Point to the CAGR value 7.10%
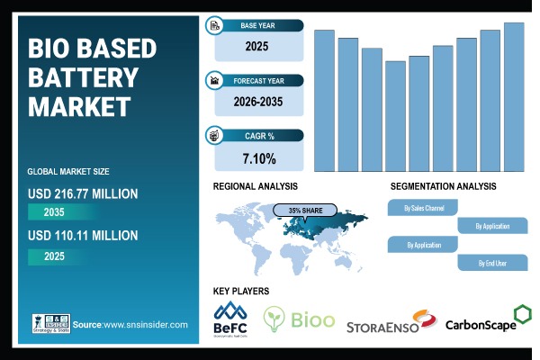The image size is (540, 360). [x=258, y=158]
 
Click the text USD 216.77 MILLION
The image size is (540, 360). [x=83, y=193]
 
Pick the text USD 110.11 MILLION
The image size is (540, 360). [x=83, y=236]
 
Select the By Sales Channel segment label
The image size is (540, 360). [x=422, y=208]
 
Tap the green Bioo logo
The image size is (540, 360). [x=299, y=319]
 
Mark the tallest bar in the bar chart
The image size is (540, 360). [x=514, y=96]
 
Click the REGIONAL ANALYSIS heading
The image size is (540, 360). [x=256, y=186]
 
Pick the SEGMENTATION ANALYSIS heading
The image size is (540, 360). [x=443, y=186]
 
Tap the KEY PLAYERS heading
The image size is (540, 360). [x=240, y=291]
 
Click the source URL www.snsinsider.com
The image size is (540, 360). [x=147, y=324]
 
